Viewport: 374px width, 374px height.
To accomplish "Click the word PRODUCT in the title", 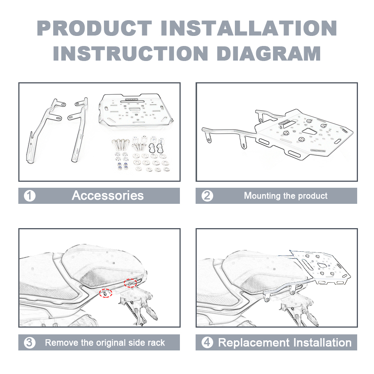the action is pyautogui.click(x=95, y=28).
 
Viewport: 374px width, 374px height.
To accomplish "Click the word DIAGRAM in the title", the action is pyautogui.click(x=269, y=53).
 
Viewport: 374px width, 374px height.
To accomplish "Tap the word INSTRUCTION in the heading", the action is pyautogui.click(x=131, y=53).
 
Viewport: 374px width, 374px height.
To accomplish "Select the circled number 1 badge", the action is pyautogui.click(x=30, y=196).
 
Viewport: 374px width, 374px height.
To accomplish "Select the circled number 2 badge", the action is pyautogui.click(x=207, y=196).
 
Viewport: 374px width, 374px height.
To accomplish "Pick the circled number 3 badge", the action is pyautogui.click(x=30, y=343).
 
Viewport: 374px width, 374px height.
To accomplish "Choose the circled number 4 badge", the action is pyautogui.click(x=207, y=343).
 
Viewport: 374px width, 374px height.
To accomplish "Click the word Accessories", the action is pyautogui.click(x=108, y=196).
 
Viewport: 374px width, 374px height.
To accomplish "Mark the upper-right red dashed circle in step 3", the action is pyautogui.click(x=130, y=283).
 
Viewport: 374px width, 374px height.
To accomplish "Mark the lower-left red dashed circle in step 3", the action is pyautogui.click(x=106, y=293).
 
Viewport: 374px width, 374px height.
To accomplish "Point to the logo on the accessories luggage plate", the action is pyautogui.click(x=131, y=99).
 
